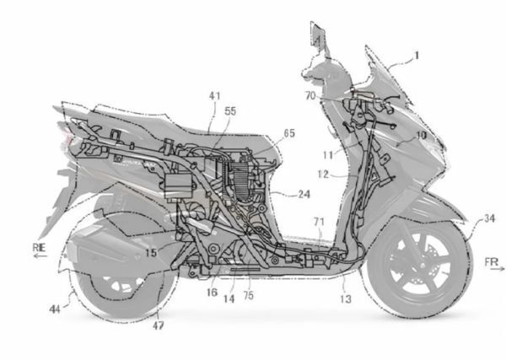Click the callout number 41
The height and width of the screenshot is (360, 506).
pos(215,96)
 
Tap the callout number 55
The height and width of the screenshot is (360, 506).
pos(230,111)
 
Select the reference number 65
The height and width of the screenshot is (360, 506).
pos(289,133)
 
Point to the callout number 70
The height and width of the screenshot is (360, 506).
pos(310,96)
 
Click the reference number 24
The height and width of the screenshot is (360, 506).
pos(304,194)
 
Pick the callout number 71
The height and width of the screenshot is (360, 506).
pos(319,222)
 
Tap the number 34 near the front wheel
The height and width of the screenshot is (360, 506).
pos(489,218)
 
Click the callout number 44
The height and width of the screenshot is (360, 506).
pos(55,309)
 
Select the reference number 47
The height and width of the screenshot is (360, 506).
pos(159,326)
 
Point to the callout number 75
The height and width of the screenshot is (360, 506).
pos(249,295)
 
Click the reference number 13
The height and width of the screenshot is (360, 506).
pos(345,299)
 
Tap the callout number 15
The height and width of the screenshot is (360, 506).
pos(151,253)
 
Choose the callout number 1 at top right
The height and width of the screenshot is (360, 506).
pos(417,56)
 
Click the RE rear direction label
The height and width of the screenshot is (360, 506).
pos(40,248)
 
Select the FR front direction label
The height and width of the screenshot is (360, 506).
pos(492,262)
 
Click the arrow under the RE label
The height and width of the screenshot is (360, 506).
pos(40,256)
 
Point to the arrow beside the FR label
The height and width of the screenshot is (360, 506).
pos(498,268)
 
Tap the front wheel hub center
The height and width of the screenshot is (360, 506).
pos(421,266)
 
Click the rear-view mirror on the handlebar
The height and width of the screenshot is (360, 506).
pos(317,35)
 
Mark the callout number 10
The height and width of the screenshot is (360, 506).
pos(421,135)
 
